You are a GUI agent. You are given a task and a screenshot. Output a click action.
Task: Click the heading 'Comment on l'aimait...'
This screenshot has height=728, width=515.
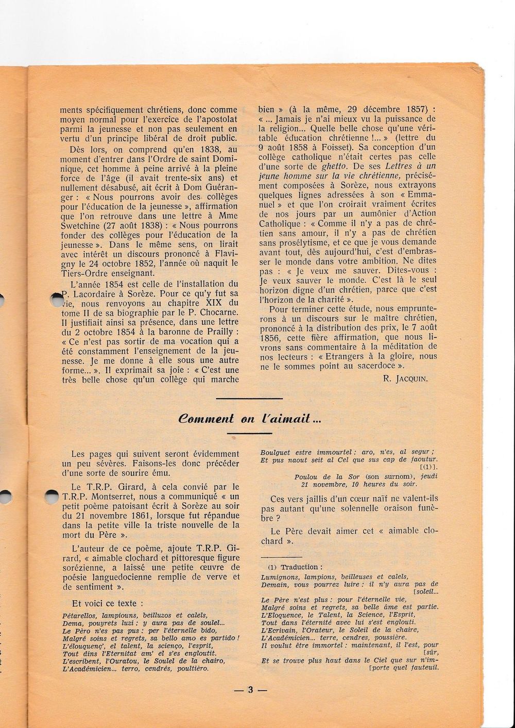pyautogui.click(x=249, y=419)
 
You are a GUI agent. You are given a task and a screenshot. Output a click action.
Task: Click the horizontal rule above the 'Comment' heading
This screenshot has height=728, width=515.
pyautogui.click(x=249, y=398)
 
